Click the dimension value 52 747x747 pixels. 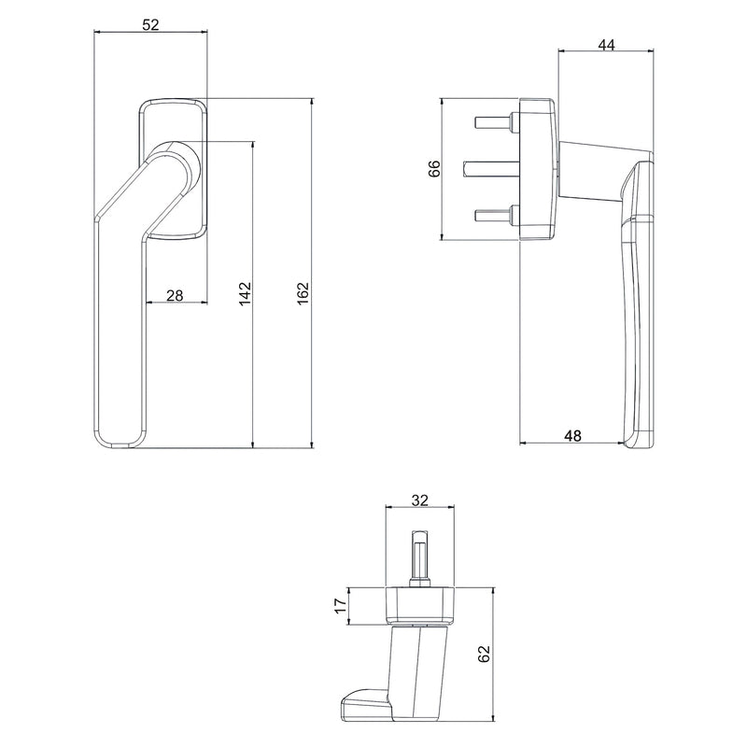tap(150, 25)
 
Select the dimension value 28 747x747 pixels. tap(174, 295)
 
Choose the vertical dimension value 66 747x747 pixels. tap(433, 169)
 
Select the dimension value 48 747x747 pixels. tap(574, 434)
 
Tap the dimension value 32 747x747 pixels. tap(419, 500)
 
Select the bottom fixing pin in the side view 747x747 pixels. tap(496, 216)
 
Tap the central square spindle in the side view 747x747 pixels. tap(490, 168)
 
